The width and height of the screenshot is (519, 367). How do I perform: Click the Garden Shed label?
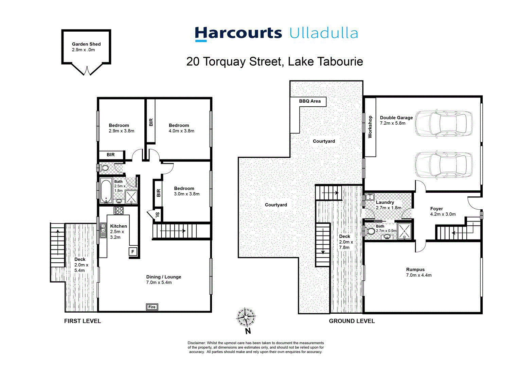(x=86, y=44)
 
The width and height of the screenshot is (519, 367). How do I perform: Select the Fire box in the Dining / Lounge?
(x=152, y=307)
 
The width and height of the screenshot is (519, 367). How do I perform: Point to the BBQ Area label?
(x=310, y=101)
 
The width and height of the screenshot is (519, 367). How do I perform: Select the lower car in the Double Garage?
(x=443, y=165)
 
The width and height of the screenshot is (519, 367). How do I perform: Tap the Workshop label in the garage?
(x=370, y=127)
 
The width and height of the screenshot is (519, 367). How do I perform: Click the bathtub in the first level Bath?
(x=106, y=191)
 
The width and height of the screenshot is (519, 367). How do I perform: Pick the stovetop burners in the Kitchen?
(x=119, y=210)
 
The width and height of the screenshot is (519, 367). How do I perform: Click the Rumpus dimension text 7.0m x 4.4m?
(x=419, y=275)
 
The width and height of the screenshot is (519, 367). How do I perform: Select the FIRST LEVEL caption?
(x=83, y=321)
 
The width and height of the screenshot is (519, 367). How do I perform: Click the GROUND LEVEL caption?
(x=352, y=321)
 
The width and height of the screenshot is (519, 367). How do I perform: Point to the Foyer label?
(x=436, y=209)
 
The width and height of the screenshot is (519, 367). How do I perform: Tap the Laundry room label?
(x=385, y=202)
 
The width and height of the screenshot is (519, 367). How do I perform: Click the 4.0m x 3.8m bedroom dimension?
(x=181, y=131)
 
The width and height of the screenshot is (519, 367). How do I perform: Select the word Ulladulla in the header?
(x=324, y=34)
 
